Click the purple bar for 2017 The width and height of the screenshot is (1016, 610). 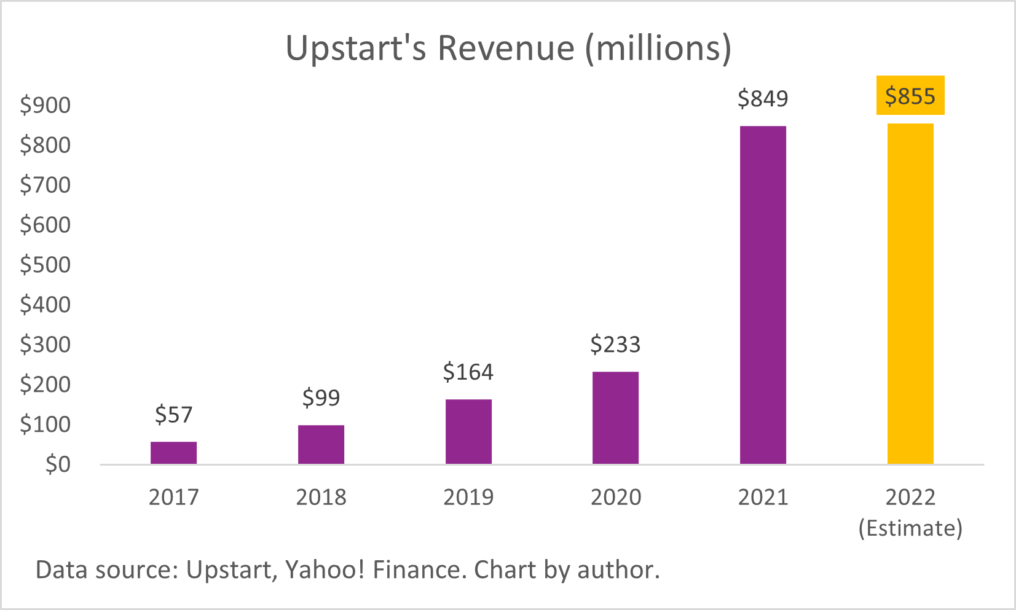click(173, 453)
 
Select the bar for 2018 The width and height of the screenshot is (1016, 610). click(321, 444)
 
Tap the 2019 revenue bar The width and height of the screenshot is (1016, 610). click(468, 431)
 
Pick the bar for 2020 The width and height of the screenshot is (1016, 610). click(615, 418)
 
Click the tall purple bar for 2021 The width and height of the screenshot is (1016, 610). click(763, 295)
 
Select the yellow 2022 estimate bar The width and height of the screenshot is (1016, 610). click(910, 294)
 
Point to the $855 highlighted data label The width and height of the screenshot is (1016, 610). click(910, 96)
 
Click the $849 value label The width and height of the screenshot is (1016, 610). click(763, 98)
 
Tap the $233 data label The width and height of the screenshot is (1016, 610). click(615, 345)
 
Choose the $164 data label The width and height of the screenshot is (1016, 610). click(468, 372)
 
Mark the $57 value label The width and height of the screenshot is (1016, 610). click(173, 415)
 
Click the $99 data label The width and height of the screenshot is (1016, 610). click(321, 398)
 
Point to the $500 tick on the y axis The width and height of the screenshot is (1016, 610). click(45, 265)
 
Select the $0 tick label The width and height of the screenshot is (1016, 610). click(58, 464)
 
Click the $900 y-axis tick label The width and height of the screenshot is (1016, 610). click(45, 105)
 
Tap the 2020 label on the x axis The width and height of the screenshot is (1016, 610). click(615, 497)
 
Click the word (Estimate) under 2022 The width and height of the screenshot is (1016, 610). click(910, 528)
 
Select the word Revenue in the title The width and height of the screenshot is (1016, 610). click(506, 48)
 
